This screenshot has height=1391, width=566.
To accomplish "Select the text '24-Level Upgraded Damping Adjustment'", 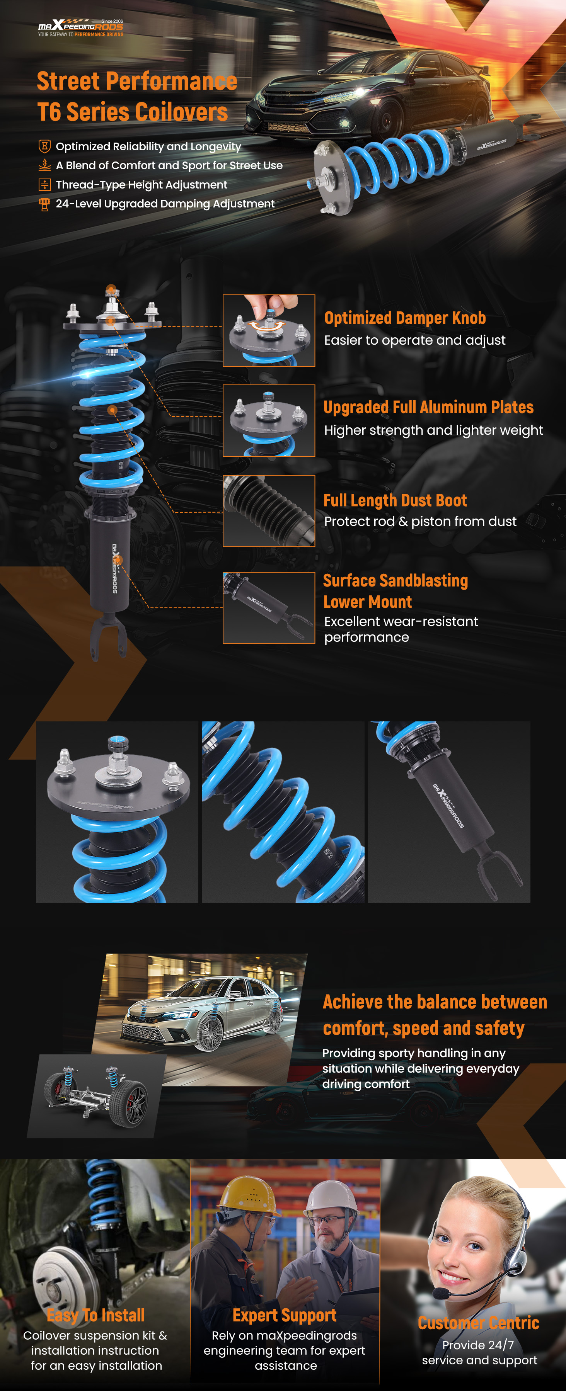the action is point(165,204).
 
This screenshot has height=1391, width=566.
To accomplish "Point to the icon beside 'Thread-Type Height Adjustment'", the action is point(44,185).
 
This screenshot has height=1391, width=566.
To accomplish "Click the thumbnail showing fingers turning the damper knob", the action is point(269,330).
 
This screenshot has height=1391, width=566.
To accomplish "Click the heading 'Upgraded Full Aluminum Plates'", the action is point(428,407).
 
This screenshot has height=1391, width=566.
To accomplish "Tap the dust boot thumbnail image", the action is point(269,511).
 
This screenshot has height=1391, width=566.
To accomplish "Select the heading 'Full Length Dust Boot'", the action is point(395,500).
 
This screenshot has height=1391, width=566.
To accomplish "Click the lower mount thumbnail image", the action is point(269,608).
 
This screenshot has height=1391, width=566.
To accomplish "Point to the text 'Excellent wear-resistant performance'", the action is point(401,629).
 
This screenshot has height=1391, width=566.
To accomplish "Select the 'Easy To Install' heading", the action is point(95,1315).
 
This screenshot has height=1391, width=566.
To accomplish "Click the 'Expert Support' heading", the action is point(285,1315).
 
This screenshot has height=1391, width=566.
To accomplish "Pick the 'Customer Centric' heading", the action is point(479,1323).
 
